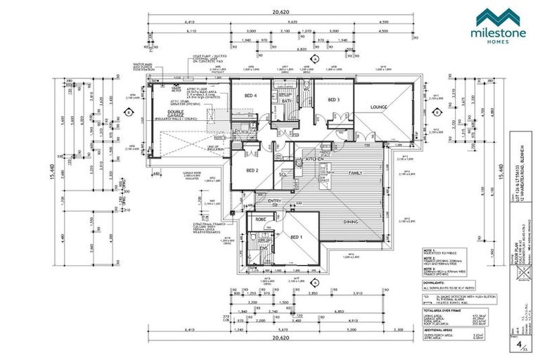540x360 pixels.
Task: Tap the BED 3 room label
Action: click(x=334, y=100)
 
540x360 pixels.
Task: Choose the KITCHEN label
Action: click(x=314, y=160)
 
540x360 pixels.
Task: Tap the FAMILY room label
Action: click(x=356, y=172)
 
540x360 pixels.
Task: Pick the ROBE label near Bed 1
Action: click(x=260, y=219)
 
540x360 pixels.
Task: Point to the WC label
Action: click(x=307, y=89)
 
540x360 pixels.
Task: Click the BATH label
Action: click(x=287, y=101)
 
